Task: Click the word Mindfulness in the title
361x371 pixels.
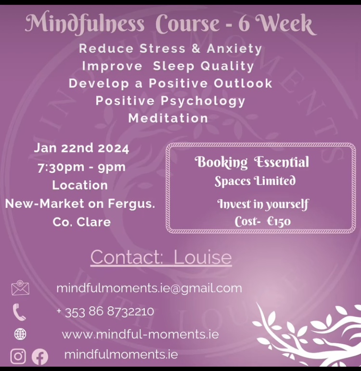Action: click(85, 24)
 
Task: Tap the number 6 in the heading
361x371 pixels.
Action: click(244, 24)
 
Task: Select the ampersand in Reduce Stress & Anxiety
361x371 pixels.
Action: click(196, 49)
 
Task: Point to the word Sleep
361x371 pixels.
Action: click(174, 66)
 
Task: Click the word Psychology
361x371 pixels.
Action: click(203, 101)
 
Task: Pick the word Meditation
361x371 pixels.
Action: click(168, 118)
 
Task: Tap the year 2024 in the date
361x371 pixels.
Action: click(113, 149)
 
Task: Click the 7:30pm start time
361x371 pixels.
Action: click(61, 168)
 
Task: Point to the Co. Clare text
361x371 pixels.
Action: click(82, 222)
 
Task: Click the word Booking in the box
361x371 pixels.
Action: click(221, 162)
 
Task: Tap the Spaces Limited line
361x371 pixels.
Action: click(255, 181)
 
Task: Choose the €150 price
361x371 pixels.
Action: click(279, 221)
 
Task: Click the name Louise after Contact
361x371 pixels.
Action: click(203, 257)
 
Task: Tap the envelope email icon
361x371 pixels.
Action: click(20, 288)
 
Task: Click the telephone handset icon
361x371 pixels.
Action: click(19, 312)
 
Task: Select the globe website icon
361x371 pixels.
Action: click(20, 334)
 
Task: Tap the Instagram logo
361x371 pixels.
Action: click(18, 357)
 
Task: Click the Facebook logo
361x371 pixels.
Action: click(40, 357)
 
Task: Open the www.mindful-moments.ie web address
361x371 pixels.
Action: click(140, 334)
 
